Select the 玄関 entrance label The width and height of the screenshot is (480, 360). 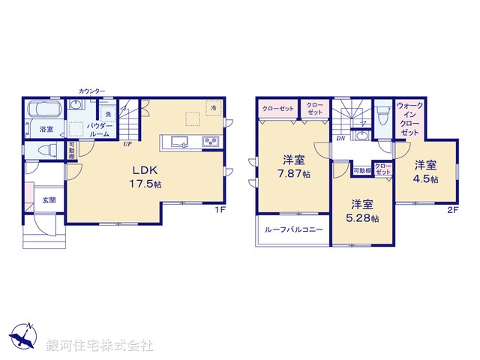pos(49,199)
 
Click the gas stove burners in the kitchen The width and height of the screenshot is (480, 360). pos(208,142)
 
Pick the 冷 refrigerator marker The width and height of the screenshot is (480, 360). pos(214,108)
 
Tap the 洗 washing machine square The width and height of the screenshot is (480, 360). pos(108,113)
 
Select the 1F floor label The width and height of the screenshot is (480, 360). pos(220,211)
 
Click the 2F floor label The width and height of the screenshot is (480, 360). pos(452,211)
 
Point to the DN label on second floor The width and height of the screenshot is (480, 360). pos(340,138)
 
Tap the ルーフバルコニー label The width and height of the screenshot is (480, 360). pos(293,230)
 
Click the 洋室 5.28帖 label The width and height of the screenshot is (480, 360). pos(362,211)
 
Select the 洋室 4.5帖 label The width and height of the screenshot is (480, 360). pos(426,171)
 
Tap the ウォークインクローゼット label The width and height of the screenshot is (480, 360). pos(409,118)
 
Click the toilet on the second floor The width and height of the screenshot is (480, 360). pos(382,116)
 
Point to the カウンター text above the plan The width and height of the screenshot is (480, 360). pos(92,91)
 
